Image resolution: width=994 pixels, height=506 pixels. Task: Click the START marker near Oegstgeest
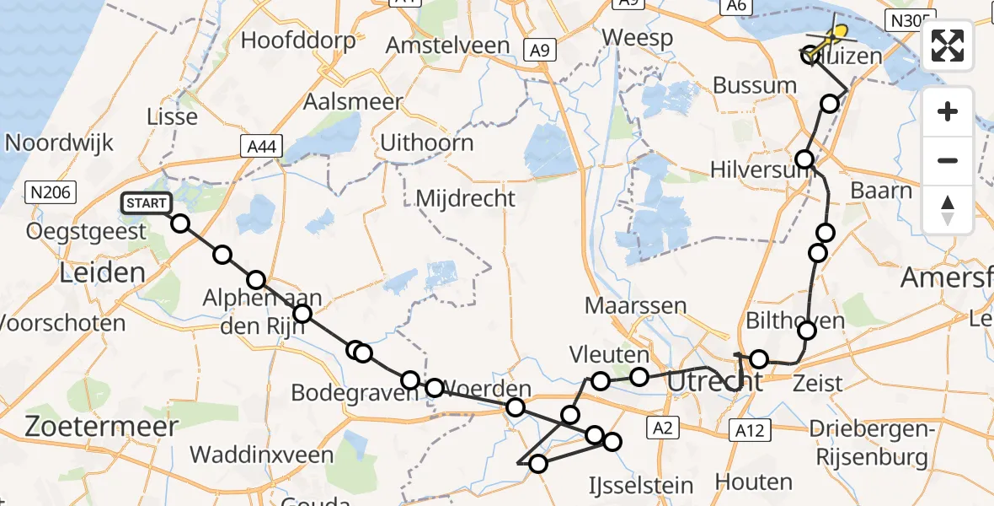tap(147, 203)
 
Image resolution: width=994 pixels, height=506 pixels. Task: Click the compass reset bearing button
tap(948, 210)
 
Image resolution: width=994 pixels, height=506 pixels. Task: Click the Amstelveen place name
tap(447, 46)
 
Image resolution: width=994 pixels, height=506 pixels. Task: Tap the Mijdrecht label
tap(466, 199)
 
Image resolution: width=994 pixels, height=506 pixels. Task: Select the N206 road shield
tap(51, 192)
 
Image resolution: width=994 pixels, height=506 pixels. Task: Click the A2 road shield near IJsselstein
tap(664, 429)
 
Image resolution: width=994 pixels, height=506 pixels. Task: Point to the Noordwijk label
tap(59, 143)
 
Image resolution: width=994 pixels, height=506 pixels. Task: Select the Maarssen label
tap(636, 305)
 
